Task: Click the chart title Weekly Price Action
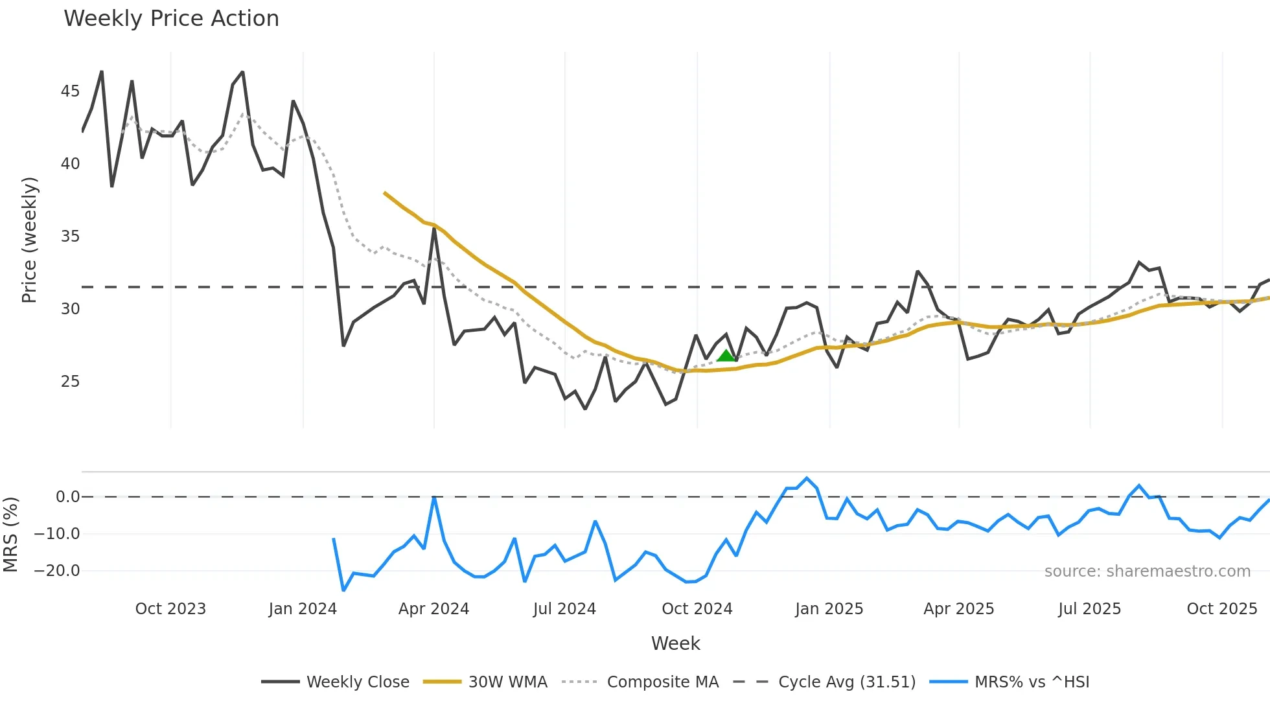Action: pos(171,19)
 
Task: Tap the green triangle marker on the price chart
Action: pos(726,356)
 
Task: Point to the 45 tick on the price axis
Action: pos(70,91)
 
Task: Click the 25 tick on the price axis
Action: pos(70,382)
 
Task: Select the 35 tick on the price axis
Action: pos(70,236)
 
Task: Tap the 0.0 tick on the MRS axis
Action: pos(67,497)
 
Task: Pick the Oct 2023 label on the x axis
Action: pos(170,609)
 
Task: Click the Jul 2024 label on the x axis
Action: pos(564,609)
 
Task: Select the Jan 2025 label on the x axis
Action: pos(829,609)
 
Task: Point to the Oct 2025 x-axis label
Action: pos(1221,609)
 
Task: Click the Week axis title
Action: pos(675,643)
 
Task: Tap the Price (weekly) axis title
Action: pos(29,240)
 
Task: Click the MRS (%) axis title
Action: pos(11,535)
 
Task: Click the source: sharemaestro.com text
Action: pos(1147,571)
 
